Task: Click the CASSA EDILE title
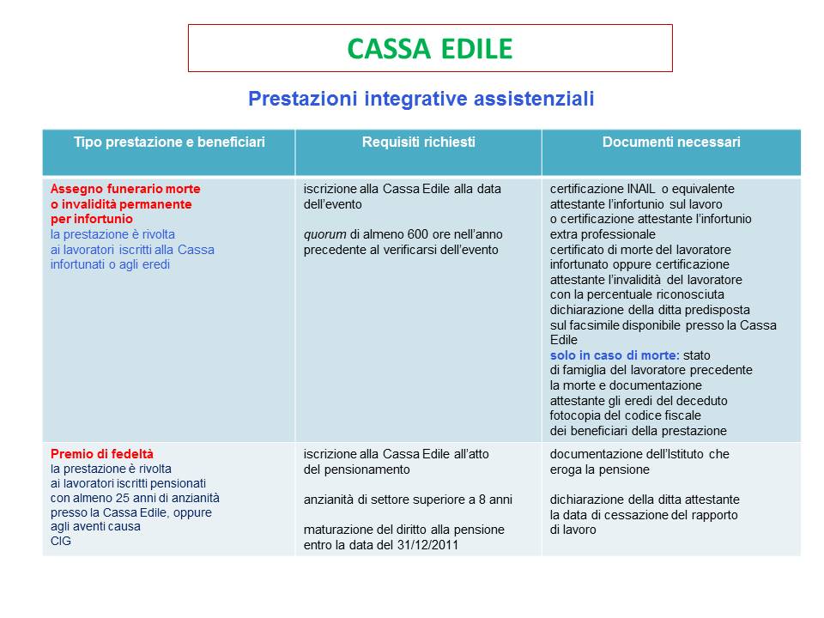(429, 48)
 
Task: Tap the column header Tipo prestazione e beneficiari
(169, 142)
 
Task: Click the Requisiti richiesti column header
(418, 142)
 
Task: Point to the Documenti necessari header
(671, 142)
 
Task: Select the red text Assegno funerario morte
(125, 189)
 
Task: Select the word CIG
(61, 542)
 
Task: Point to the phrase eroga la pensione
(600, 470)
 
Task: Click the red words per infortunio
(92, 219)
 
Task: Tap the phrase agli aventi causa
(95, 527)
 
